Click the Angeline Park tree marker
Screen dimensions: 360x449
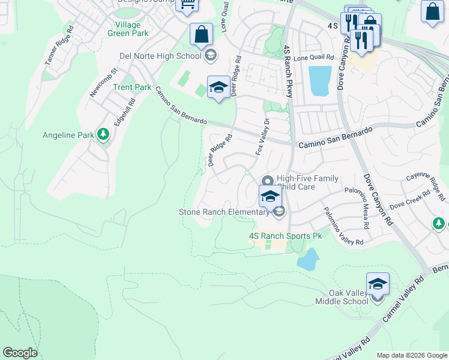(x=104, y=134)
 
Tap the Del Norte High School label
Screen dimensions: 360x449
(x=160, y=56)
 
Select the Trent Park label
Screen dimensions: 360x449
(x=132, y=88)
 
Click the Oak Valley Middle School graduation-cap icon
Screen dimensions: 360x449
(x=378, y=284)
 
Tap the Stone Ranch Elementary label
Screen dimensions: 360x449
(x=224, y=212)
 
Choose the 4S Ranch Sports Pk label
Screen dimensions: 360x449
(x=285, y=236)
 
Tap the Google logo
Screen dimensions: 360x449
(x=20, y=353)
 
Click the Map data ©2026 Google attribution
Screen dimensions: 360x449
(x=412, y=355)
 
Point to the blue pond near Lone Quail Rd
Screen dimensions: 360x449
(x=319, y=80)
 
